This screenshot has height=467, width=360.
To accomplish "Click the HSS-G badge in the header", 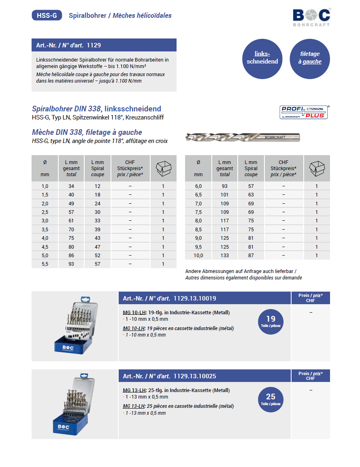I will (47, 15).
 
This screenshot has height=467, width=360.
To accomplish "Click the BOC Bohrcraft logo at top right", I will (311, 17).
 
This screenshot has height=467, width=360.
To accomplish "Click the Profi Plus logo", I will (304, 112).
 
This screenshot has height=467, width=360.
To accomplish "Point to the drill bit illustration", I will (243, 137).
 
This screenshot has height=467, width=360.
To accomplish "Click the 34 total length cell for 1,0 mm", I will (71, 186).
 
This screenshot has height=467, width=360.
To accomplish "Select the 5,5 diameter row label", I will (45, 264).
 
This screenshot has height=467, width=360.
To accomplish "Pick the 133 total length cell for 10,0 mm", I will (224, 256).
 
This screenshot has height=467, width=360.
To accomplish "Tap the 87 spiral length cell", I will (251, 256).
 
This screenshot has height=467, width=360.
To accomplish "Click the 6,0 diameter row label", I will (198, 186).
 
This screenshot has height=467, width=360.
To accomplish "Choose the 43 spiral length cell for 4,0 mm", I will (98, 238).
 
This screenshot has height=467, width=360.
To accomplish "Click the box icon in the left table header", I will (163, 168).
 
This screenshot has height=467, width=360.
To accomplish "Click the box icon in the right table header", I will (317, 168).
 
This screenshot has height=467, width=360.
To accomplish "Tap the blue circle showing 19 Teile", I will (271, 322).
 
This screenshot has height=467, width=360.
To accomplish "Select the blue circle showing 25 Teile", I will (271, 399).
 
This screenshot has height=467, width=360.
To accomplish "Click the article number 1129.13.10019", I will (194, 299).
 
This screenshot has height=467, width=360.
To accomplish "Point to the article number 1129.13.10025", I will (194, 376).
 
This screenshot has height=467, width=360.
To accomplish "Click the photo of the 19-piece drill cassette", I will (75, 326).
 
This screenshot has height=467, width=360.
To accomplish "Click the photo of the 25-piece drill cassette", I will (75, 404).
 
